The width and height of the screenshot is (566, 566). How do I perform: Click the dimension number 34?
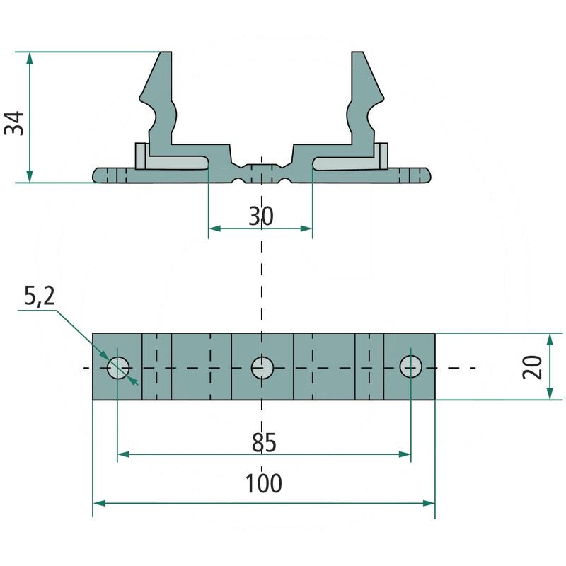(x=15, y=123)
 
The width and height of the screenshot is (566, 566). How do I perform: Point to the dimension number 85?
(x=263, y=443)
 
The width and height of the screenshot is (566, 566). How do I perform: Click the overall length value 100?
(x=263, y=484)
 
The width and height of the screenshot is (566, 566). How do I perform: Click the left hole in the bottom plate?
(x=118, y=367)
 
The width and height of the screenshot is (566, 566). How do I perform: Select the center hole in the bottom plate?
(x=262, y=367)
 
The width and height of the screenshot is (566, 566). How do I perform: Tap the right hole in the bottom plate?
(x=410, y=366)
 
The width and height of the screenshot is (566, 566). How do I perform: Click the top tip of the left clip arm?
(x=166, y=55)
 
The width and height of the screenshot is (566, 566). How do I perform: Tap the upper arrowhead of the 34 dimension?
(x=30, y=57)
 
